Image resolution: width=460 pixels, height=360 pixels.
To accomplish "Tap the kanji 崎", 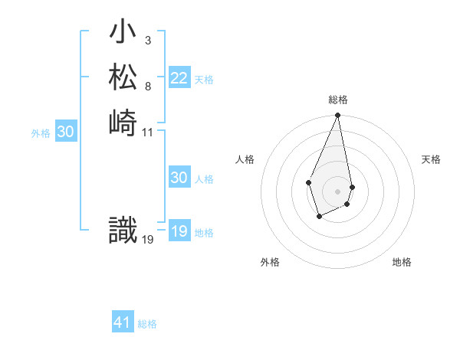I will (123, 122).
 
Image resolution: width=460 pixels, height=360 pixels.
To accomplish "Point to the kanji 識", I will (123, 230).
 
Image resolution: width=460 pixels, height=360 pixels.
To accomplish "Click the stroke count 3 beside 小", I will (147, 40).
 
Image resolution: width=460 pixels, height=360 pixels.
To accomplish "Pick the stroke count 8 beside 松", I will (147, 86).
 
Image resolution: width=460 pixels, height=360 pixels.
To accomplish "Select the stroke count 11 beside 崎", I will (148, 132).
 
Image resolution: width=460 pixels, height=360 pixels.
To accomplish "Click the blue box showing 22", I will (179, 78).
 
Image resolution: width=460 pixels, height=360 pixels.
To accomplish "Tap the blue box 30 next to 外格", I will (66, 132).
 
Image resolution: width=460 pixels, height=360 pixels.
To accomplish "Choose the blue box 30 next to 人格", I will (179, 178).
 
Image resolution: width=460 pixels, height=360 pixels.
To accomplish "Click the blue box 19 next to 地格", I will (179, 231).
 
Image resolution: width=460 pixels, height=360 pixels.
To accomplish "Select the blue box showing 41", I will (123, 322).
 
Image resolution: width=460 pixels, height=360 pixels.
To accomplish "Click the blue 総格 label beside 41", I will (147, 324).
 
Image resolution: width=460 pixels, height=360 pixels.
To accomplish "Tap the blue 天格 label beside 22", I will (204, 80).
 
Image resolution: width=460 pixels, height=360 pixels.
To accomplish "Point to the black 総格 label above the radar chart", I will (338, 100).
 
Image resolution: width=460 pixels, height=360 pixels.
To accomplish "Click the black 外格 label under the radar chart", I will (270, 262).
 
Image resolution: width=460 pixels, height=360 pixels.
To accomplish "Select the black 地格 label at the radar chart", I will (402, 262).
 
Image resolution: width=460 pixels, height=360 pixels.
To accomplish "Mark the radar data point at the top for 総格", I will (337, 116).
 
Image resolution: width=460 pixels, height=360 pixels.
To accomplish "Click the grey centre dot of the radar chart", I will (337, 191).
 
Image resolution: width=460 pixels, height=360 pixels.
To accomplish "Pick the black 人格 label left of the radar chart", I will (245, 159).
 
